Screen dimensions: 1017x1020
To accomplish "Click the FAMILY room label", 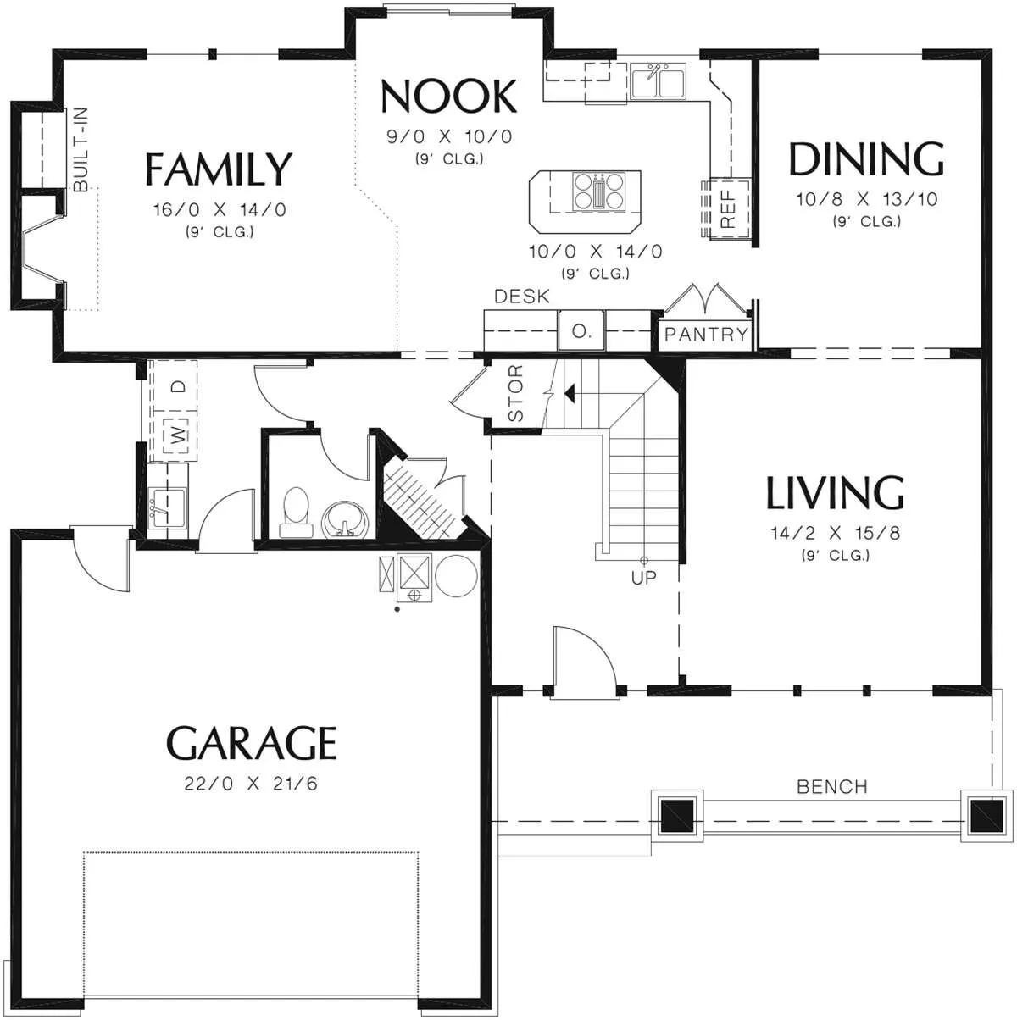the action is click(219, 169).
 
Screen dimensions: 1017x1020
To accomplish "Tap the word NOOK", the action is click(448, 96).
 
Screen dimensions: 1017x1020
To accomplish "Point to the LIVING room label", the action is click(836, 492).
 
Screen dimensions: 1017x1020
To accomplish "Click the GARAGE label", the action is click(251, 743).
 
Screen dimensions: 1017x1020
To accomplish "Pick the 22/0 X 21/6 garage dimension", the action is click(251, 784).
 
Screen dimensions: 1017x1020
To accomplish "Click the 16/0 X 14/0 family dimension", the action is click(220, 209).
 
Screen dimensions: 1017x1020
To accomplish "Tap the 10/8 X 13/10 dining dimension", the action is click(866, 200).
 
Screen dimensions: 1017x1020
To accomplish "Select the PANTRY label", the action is click(706, 335).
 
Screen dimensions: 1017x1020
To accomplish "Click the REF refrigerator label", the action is click(728, 208).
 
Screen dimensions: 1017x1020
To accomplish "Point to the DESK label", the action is click(522, 297).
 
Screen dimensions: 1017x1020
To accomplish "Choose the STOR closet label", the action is click(515, 393).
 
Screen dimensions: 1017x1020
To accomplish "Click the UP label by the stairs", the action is click(643, 578).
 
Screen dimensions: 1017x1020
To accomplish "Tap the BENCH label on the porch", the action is click(832, 787).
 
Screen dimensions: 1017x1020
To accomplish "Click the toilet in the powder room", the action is click(296, 512).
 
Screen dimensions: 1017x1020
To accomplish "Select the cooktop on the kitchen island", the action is click(598, 191).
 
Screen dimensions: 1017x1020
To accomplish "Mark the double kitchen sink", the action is click(658, 80).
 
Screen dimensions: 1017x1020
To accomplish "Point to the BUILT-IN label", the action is click(81, 150).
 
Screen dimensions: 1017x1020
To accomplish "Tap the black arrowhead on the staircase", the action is click(569, 393).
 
